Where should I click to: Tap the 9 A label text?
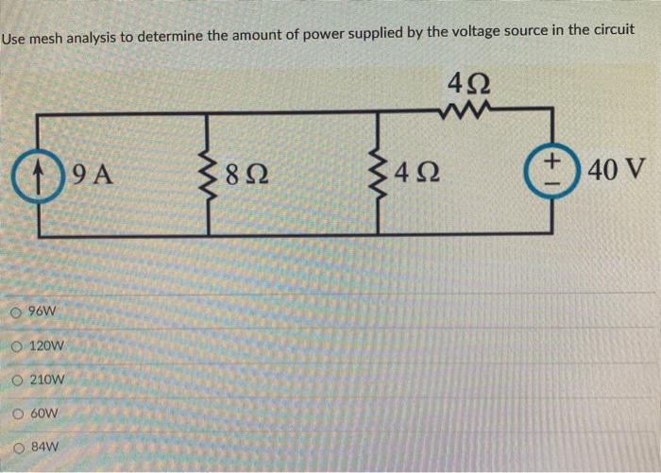coord(93,175)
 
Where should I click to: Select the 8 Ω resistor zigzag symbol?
coord(206,174)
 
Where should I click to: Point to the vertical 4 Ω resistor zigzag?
coord(379,174)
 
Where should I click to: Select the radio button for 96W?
coord(19,312)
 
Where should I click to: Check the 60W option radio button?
coord(19,414)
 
